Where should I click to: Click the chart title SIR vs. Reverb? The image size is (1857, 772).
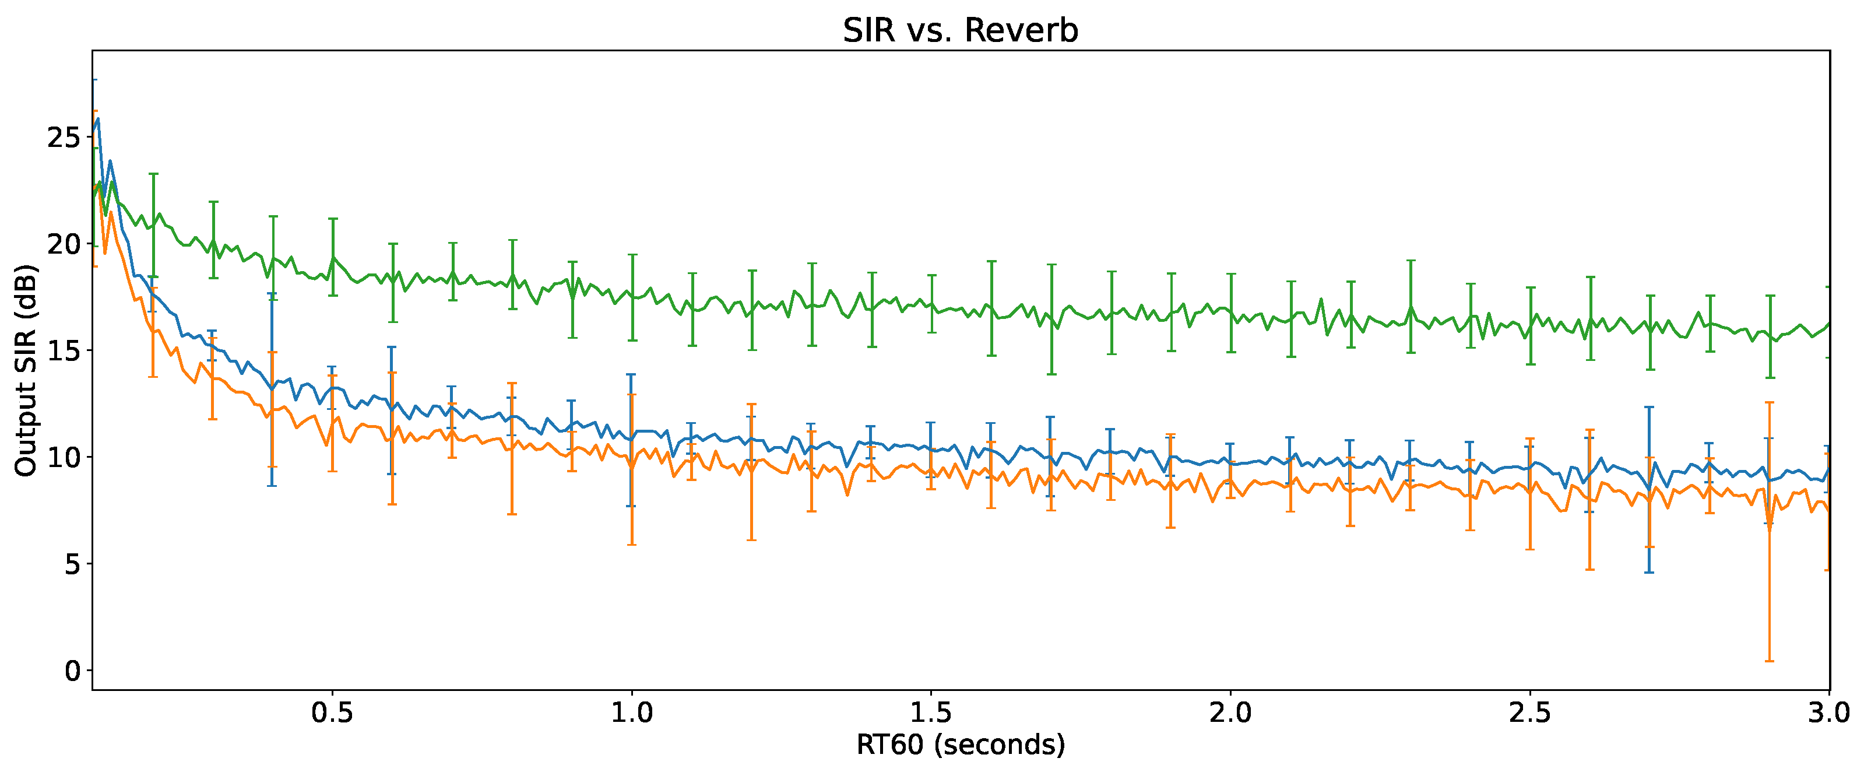(x=960, y=31)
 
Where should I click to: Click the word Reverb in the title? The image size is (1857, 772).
(x=1020, y=31)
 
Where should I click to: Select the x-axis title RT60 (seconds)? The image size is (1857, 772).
(x=960, y=745)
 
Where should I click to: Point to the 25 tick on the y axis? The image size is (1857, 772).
(x=64, y=137)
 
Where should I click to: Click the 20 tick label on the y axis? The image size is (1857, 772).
(x=64, y=244)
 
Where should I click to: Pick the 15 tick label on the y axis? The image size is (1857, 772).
(x=64, y=350)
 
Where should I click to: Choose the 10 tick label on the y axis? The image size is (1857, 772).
(x=64, y=457)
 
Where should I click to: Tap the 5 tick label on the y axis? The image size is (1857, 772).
(x=72, y=564)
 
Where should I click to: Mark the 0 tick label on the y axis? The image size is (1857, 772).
(x=72, y=671)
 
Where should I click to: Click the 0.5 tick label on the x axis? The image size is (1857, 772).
(x=332, y=713)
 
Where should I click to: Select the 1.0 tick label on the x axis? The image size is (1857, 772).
(x=631, y=713)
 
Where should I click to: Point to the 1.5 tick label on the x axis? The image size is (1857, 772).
(x=931, y=713)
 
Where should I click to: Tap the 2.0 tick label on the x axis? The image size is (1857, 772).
(x=1230, y=713)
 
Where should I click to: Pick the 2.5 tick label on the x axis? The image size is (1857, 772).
(x=1529, y=713)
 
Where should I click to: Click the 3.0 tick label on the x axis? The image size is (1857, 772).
(x=1828, y=713)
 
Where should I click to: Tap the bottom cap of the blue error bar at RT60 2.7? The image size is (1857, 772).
(x=1649, y=573)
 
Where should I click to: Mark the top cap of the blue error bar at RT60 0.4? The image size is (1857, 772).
(x=272, y=293)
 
